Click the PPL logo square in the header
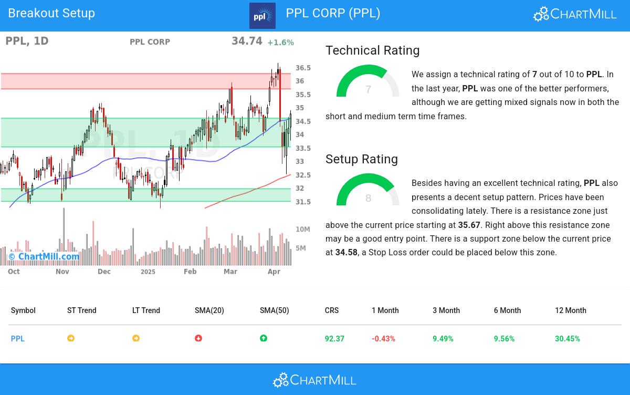262,16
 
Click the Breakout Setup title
51,13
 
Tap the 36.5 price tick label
303,68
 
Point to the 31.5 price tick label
303,202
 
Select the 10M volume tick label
303,230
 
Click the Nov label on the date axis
62,272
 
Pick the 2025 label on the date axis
148,272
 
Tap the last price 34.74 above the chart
247,41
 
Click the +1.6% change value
280,43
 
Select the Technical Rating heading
372,50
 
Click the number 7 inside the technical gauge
368,90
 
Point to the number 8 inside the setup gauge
368,199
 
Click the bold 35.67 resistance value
469,225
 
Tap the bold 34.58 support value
346,253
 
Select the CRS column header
331,310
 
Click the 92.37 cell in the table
334,339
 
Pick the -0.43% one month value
383,339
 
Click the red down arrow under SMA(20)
198,338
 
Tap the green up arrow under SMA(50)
264,338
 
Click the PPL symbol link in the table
18,339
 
